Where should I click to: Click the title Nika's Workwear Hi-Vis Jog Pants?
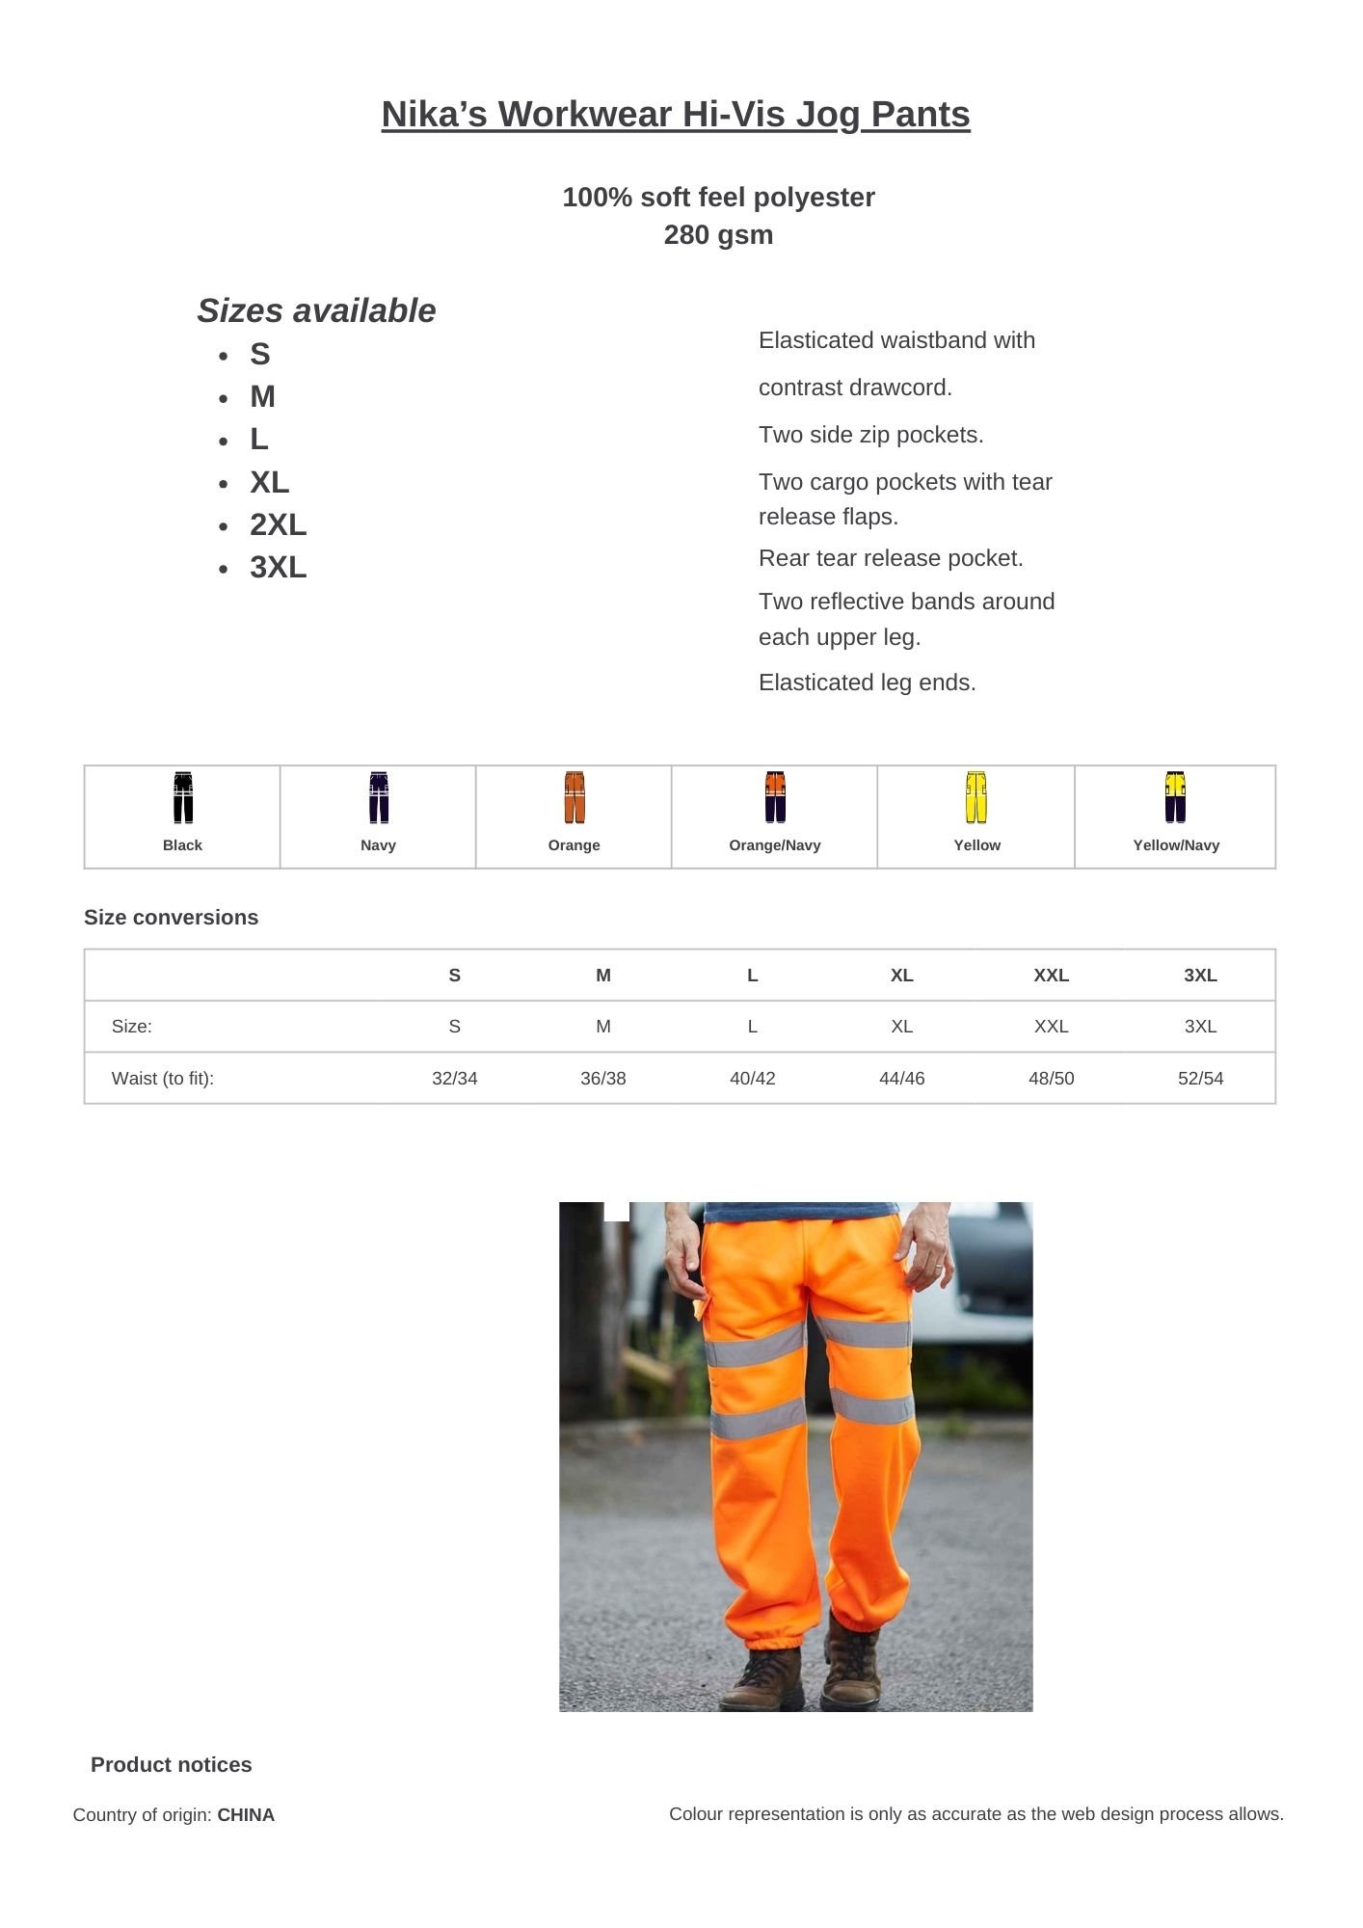(x=675, y=115)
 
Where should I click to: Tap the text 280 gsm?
(x=718, y=235)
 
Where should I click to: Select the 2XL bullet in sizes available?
(x=278, y=524)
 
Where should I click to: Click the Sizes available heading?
(x=316, y=310)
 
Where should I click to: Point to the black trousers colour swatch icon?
(x=183, y=797)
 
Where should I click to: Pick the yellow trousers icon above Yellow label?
(x=975, y=797)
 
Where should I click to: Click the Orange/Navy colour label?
(x=774, y=845)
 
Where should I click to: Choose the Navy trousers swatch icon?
(x=379, y=797)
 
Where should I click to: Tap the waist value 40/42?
(x=752, y=1078)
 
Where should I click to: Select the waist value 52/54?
(x=1200, y=1078)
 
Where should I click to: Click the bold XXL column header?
(x=1051, y=976)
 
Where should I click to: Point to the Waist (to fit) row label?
(x=163, y=1078)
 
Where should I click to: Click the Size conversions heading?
(x=171, y=918)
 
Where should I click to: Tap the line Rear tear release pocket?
(x=891, y=558)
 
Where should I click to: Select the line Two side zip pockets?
(x=870, y=435)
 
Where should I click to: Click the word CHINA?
(x=246, y=1815)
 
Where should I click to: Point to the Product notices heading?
(x=171, y=1765)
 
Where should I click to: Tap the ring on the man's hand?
(x=939, y=1265)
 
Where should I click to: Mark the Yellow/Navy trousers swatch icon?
(x=1174, y=797)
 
